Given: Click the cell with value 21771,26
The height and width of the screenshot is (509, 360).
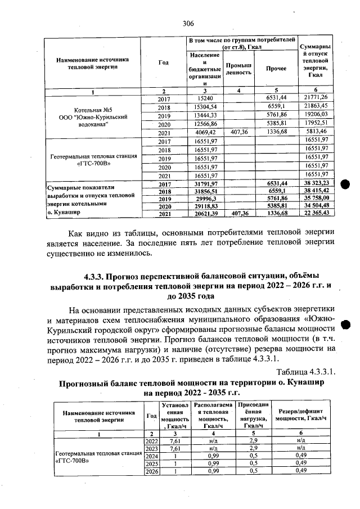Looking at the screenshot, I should (316, 97).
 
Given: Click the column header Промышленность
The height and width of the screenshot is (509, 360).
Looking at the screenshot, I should (240, 69).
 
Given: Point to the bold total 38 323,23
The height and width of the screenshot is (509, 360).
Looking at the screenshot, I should (316, 183).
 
